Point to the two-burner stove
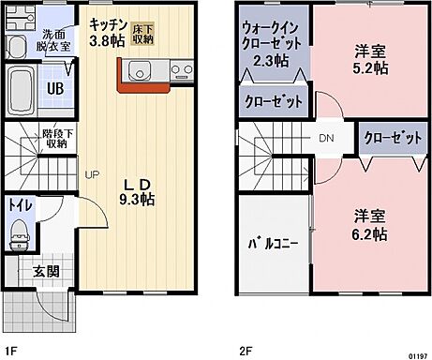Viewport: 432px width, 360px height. point(181,70)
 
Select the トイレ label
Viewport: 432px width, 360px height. point(18,203)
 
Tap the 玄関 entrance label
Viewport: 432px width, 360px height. point(45,271)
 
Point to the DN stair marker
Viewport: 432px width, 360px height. point(327,138)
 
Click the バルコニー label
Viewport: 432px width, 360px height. point(273,243)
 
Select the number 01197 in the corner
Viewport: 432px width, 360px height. point(415,354)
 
